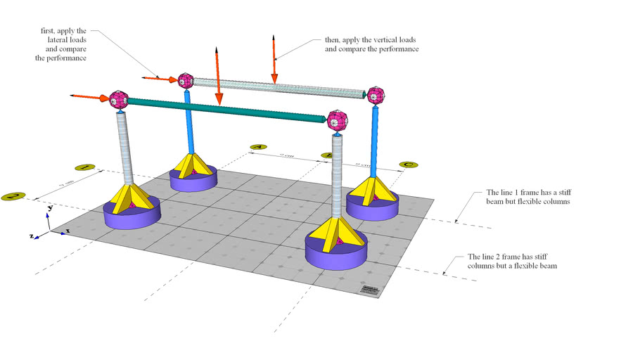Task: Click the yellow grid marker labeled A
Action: point(258,148)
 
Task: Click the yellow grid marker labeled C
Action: point(408,165)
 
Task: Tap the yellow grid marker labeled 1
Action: point(84,168)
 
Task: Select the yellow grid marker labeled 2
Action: point(13,197)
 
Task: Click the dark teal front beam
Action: point(225,111)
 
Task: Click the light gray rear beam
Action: point(281,86)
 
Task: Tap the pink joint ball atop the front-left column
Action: point(118,100)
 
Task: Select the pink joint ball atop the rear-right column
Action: point(376,95)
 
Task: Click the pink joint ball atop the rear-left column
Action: point(186,80)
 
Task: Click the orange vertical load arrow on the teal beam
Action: point(218,77)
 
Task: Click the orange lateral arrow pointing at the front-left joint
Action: point(88,96)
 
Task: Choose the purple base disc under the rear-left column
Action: point(193,179)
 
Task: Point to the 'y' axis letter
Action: point(50,209)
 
